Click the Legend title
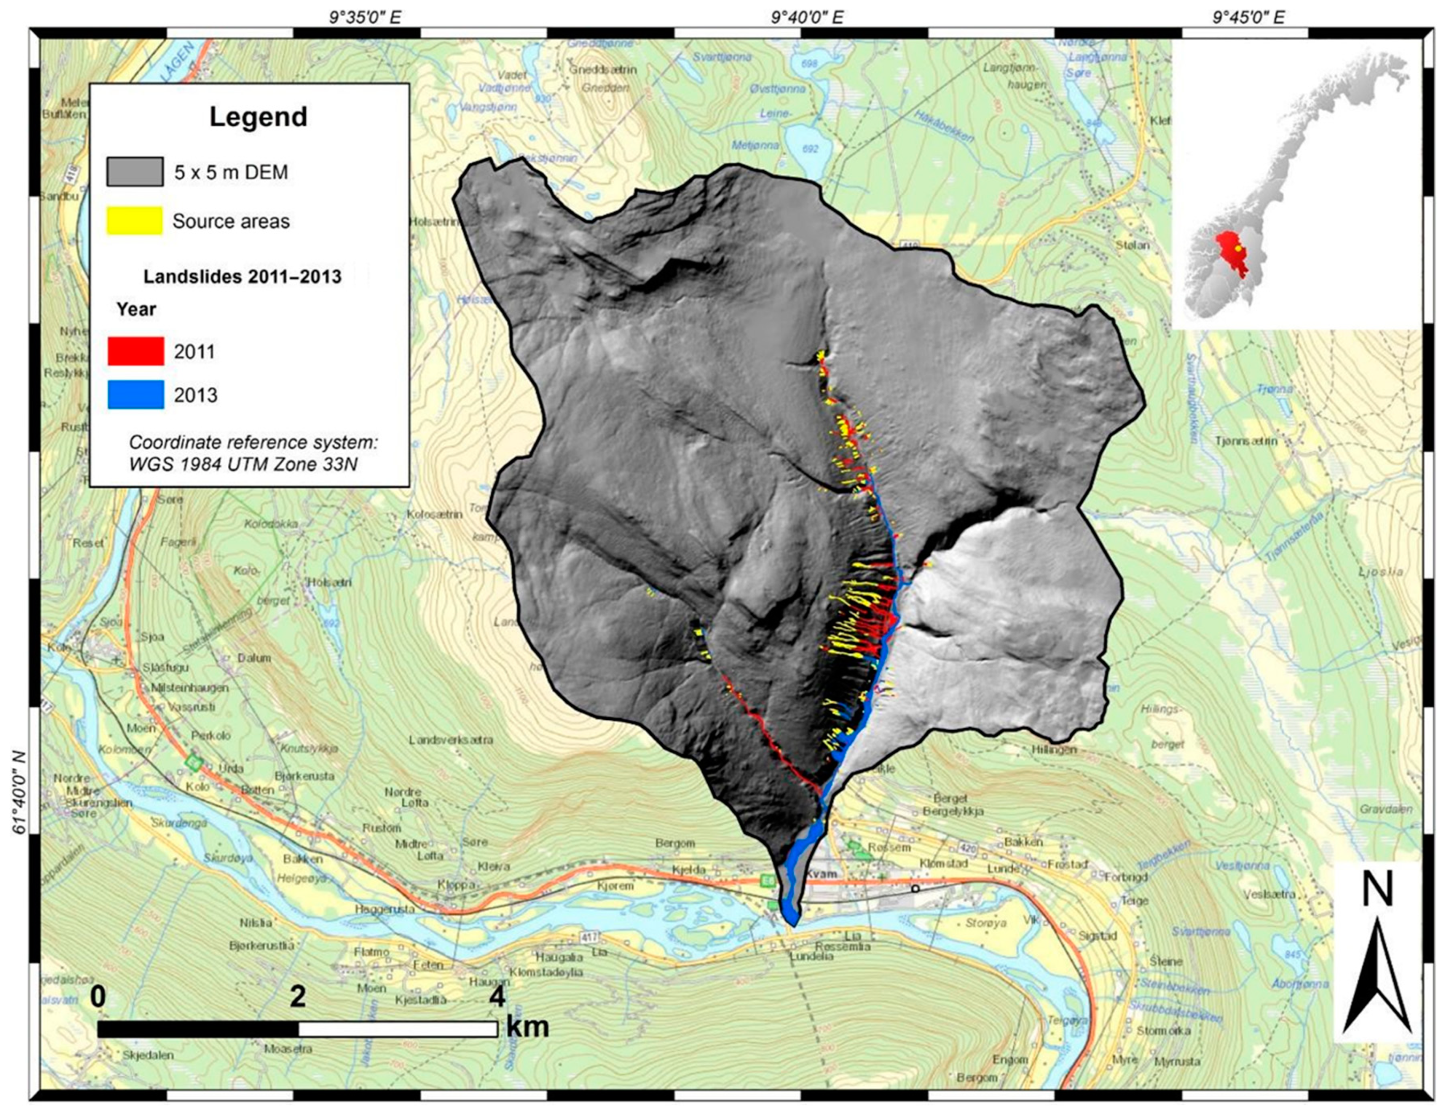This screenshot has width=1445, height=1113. point(258,117)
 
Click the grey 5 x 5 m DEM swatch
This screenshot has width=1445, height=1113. point(135,172)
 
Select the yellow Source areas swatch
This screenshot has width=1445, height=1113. point(135,220)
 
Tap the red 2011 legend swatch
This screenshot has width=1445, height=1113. point(136,351)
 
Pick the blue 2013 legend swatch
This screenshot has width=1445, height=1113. point(136,395)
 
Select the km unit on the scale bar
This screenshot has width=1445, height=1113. point(528,1027)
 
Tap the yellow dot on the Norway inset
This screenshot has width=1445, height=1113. point(1237,248)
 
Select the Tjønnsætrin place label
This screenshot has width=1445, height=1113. point(1246,440)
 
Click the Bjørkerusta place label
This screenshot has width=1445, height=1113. point(304,776)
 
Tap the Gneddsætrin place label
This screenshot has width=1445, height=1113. point(603,69)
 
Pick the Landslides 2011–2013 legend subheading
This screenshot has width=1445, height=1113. point(242,276)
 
